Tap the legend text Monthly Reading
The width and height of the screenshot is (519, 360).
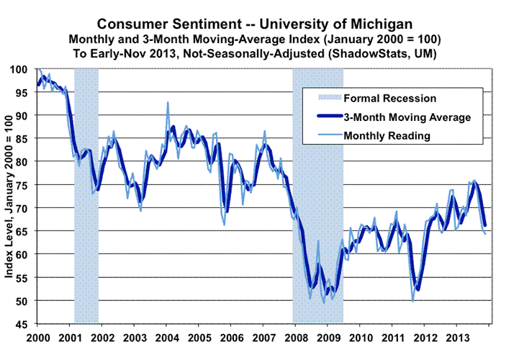tap(387, 135)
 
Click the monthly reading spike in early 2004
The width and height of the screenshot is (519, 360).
tap(168, 103)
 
